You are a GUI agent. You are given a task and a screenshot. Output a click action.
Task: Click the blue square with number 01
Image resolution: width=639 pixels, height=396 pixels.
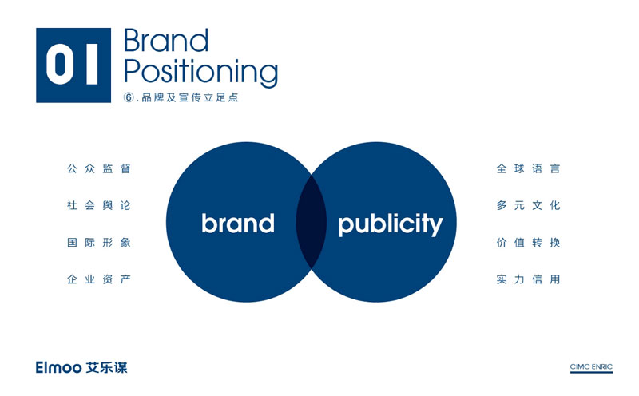(73, 65)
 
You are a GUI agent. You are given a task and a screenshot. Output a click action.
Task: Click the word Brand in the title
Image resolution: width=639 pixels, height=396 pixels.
(166, 41)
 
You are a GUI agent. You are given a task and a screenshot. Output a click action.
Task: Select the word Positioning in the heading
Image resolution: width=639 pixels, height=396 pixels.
(200, 73)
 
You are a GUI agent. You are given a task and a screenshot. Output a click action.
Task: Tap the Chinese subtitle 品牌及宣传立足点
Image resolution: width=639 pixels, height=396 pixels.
(190, 97)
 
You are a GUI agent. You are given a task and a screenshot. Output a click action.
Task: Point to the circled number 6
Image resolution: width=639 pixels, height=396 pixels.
(129, 97)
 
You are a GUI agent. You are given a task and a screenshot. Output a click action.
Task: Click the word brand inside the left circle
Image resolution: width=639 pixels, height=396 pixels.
(238, 223)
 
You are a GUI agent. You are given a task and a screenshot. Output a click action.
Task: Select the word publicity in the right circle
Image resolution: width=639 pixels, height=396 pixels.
(390, 224)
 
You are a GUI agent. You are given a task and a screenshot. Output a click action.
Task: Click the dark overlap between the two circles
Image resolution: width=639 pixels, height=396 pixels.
(312, 222)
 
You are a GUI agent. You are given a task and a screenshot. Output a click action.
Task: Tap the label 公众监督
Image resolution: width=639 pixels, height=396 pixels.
(98, 168)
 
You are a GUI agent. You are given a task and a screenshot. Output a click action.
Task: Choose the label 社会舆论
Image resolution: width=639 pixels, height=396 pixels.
(98, 205)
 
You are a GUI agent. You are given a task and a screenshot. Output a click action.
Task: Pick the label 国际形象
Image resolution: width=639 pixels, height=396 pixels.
(98, 243)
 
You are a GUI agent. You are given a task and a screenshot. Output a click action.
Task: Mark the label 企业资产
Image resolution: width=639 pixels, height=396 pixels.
(98, 279)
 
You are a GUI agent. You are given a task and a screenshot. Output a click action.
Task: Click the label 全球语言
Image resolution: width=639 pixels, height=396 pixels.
(528, 168)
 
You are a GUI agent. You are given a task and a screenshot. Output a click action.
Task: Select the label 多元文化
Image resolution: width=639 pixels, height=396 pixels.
(528, 205)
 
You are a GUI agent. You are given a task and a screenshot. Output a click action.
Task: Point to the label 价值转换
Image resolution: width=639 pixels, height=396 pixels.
(528, 243)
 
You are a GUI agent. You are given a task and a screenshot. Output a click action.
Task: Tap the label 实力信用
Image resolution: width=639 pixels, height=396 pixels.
(528, 279)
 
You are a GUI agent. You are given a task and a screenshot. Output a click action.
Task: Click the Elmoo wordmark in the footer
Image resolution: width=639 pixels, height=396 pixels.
(58, 367)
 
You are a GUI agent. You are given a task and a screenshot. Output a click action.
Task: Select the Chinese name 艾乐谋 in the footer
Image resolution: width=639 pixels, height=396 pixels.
(107, 367)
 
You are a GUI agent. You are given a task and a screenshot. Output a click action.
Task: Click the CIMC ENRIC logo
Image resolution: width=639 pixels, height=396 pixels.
(591, 367)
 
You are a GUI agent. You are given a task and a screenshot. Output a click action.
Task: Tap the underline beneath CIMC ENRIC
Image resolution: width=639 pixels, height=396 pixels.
(591, 372)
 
